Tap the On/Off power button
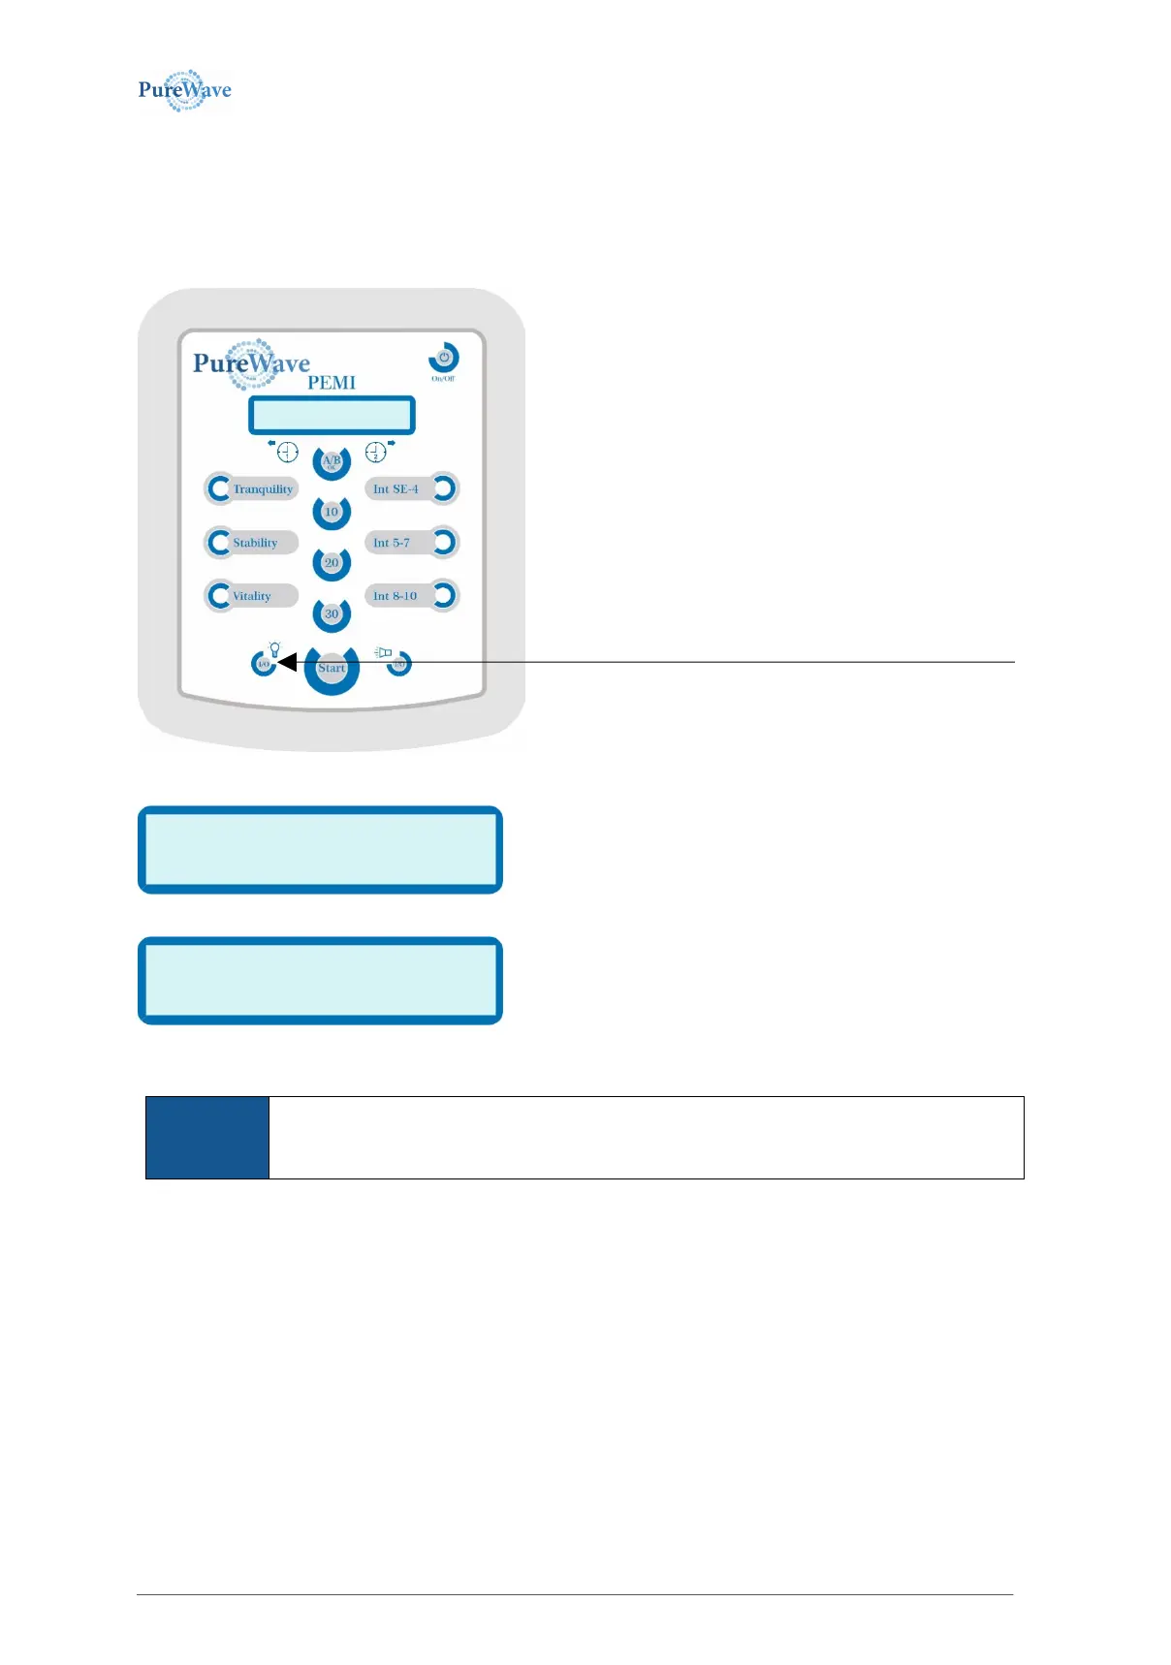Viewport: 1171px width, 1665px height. tap(444, 358)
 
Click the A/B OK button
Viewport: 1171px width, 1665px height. tap(332, 461)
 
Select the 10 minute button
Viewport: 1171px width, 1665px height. tap(332, 512)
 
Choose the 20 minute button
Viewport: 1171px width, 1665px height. tap(332, 563)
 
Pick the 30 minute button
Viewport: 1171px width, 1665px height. tap(332, 613)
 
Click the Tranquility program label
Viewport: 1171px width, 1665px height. tap(263, 489)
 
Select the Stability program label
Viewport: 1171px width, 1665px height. tap(255, 543)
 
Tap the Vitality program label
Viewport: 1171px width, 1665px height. tap(252, 596)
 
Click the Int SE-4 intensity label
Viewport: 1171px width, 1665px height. tap(396, 489)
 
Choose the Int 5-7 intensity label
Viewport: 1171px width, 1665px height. tap(392, 543)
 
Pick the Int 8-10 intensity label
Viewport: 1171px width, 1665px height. tap(395, 596)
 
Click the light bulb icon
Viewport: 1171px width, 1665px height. tap(274, 649)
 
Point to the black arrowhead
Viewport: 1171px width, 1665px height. tap(286, 663)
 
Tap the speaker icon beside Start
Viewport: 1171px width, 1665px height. tap(384, 652)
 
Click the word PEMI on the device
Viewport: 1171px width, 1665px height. tap(332, 383)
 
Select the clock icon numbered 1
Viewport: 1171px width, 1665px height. tap(288, 452)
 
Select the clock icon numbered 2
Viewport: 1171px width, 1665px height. tap(375, 452)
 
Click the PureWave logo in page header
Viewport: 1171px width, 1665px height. tap(184, 90)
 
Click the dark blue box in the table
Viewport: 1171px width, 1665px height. tap(207, 1138)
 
